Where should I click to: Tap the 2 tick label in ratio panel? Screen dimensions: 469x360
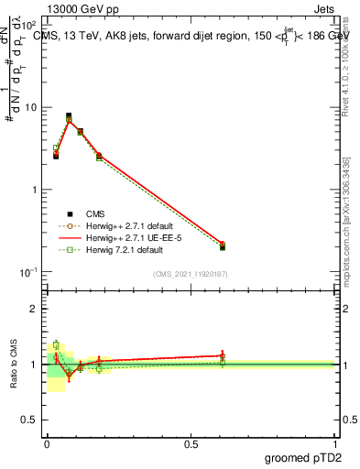click(x=35, y=309)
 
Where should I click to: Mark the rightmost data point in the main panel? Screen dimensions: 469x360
click(x=223, y=245)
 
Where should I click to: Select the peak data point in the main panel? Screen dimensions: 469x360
click(x=69, y=117)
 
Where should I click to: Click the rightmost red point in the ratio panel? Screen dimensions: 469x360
click(x=223, y=355)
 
